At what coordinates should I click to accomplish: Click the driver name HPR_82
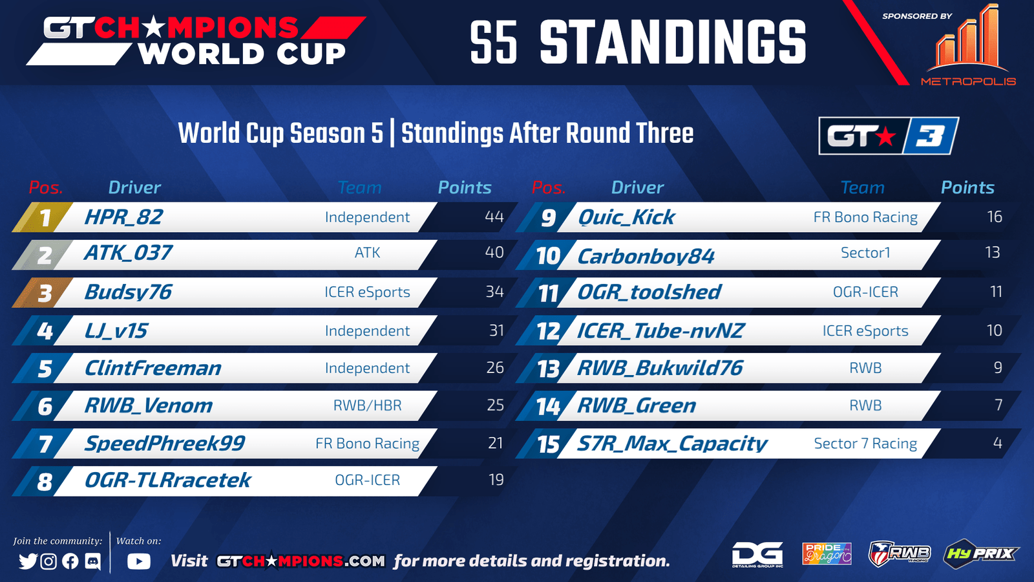[x=123, y=217]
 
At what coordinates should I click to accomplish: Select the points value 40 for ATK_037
[x=494, y=252]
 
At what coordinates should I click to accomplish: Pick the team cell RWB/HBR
[x=368, y=405]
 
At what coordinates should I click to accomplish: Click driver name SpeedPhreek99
[x=165, y=444]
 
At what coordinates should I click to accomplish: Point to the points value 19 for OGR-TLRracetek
[x=496, y=480]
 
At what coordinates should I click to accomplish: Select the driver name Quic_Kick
[x=626, y=217]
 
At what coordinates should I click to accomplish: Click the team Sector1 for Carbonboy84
[x=865, y=253]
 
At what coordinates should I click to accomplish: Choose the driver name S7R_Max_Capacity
[x=672, y=444]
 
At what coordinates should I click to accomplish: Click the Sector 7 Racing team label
[x=865, y=444]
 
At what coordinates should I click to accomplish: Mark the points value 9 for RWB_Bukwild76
[x=998, y=368]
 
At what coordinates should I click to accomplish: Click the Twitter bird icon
[x=28, y=561]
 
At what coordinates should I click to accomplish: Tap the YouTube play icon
[x=139, y=561]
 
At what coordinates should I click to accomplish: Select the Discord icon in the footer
[x=93, y=561]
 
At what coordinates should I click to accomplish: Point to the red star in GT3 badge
[x=885, y=136]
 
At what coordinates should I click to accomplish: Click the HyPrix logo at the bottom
[x=980, y=553]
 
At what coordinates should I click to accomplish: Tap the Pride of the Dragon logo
[x=827, y=554]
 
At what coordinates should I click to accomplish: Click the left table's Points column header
[x=465, y=188]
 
